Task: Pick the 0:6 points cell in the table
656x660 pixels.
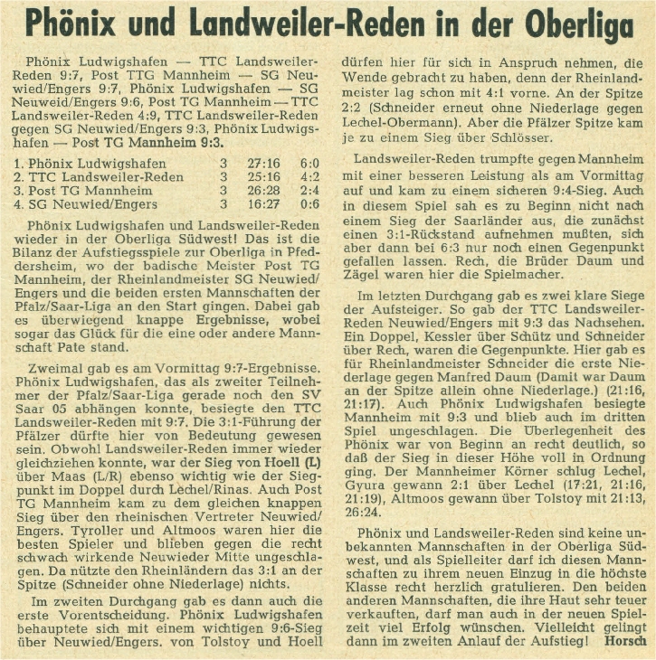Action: (x=310, y=204)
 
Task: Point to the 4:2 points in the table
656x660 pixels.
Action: (x=310, y=177)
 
